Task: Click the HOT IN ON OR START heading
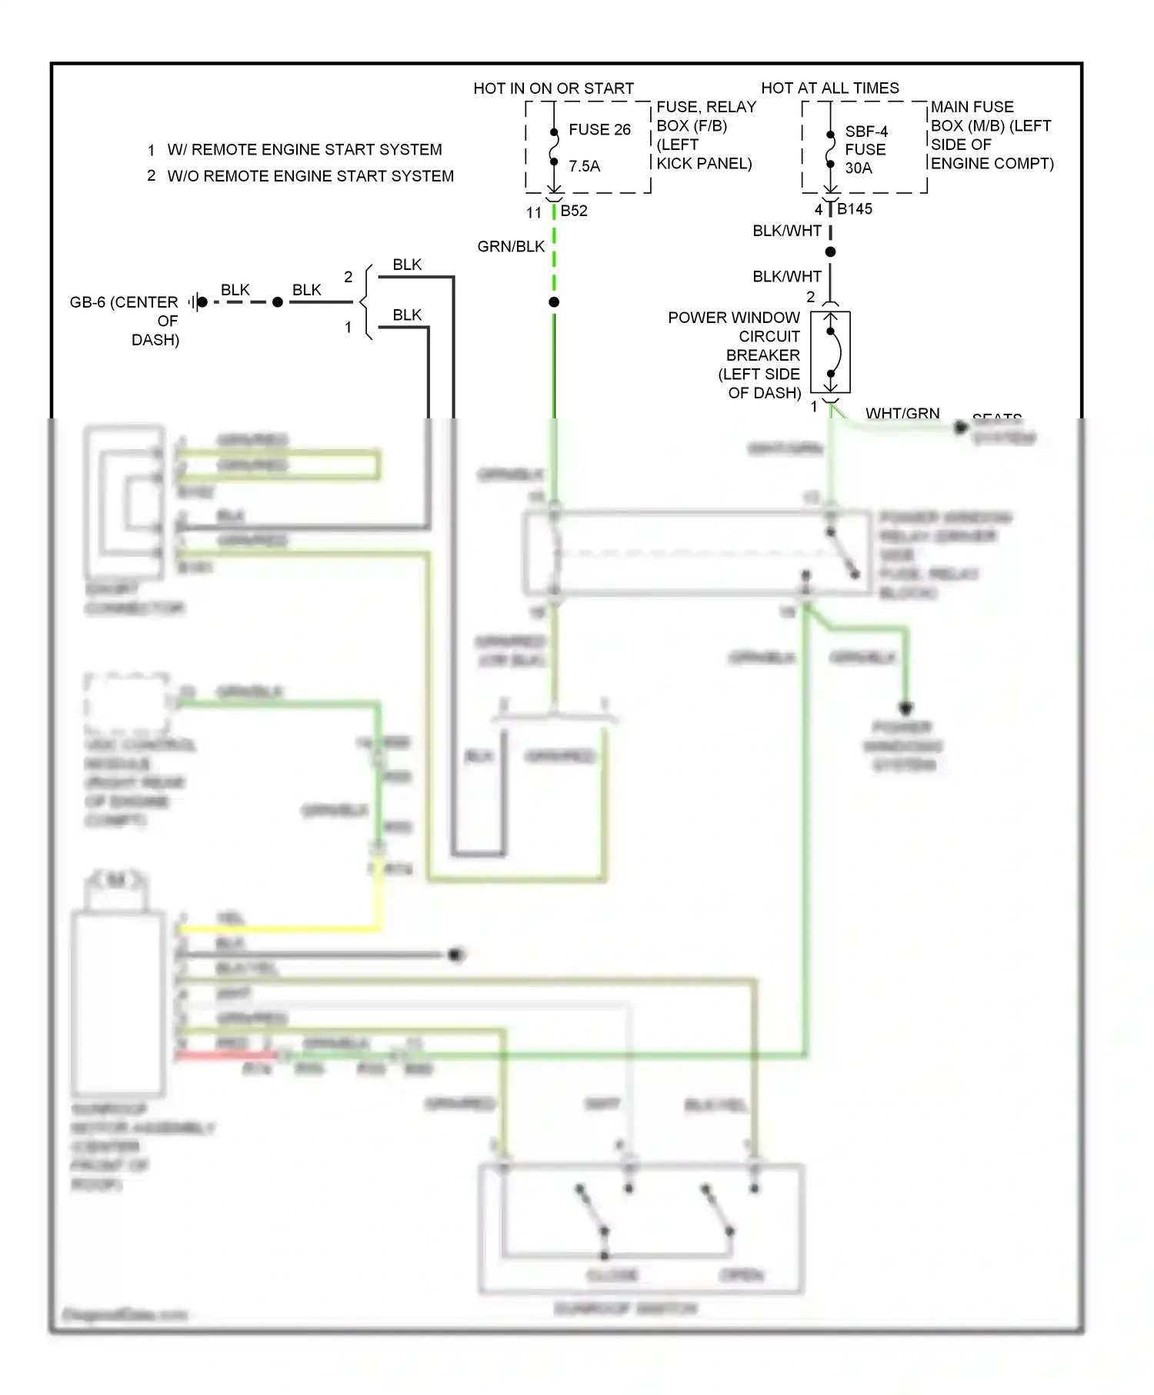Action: pyautogui.click(x=553, y=88)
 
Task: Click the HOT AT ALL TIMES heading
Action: pyautogui.click(x=829, y=88)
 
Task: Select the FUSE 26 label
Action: pyautogui.click(x=599, y=130)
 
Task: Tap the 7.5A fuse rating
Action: pyautogui.click(x=584, y=166)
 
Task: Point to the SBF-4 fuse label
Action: pyautogui.click(x=866, y=132)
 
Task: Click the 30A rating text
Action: pyautogui.click(x=859, y=168)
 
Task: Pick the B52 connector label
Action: pyautogui.click(x=574, y=211)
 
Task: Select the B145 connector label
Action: pyautogui.click(x=855, y=209)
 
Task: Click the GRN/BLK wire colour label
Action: pyautogui.click(x=511, y=247)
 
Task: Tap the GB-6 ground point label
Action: pyautogui.click(x=124, y=302)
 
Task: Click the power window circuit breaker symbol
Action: pyautogui.click(x=831, y=352)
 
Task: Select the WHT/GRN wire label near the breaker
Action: pyautogui.click(x=902, y=414)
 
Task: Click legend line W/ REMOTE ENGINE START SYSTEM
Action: pyautogui.click(x=305, y=150)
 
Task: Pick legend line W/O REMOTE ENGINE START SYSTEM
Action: pyautogui.click(x=310, y=176)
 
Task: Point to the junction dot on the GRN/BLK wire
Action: pyautogui.click(x=554, y=302)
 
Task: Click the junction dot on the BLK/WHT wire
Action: pyautogui.click(x=830, y=252)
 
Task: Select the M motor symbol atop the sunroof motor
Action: pyautogui.click(x=116, y=880)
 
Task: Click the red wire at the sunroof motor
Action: pyautogui.click(x=223, y=1055)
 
